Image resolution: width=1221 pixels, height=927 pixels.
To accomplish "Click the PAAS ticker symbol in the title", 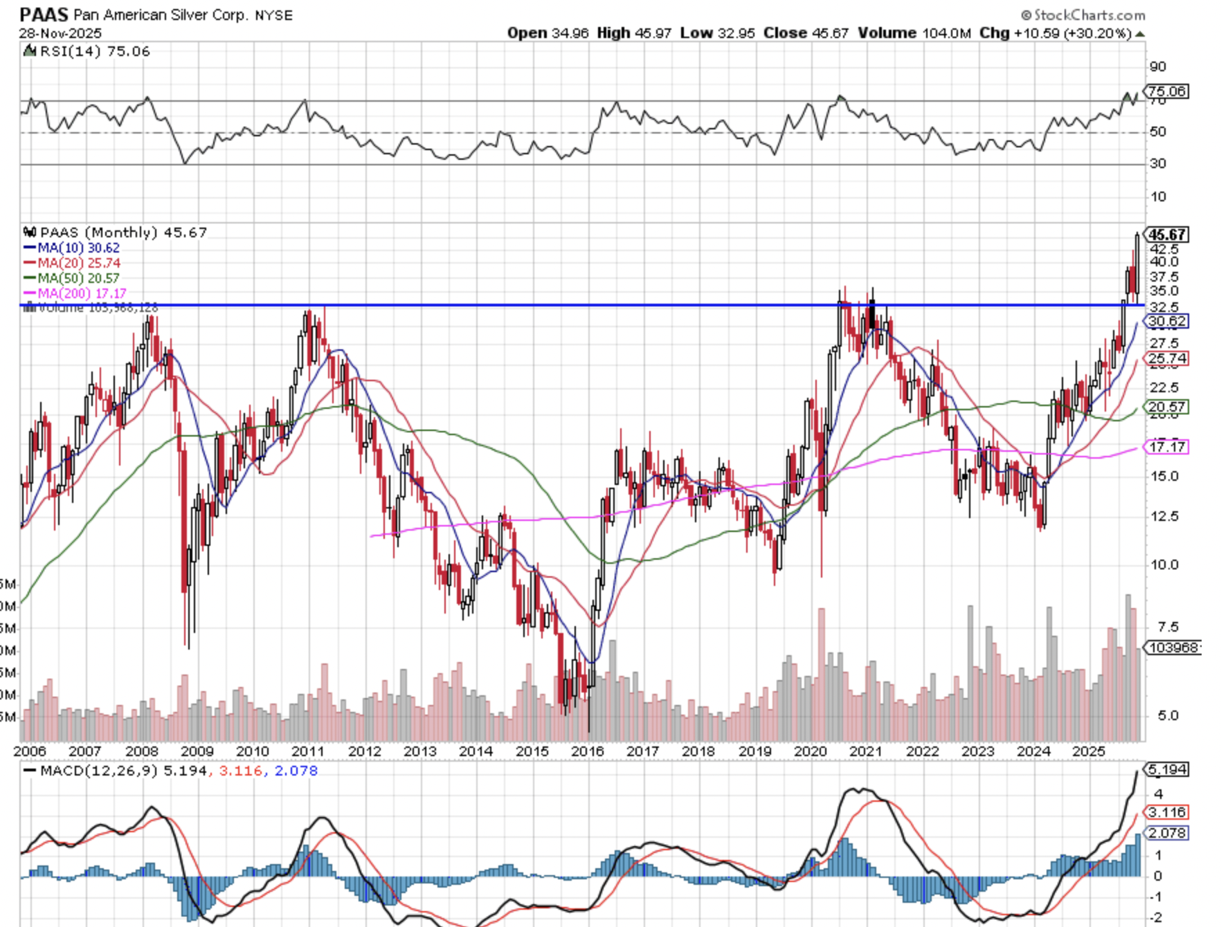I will tap(44, 14).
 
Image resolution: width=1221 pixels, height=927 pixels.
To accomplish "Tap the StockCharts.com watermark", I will tap(1083, 15).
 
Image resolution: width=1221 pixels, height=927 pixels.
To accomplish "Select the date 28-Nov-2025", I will tap(60, 33).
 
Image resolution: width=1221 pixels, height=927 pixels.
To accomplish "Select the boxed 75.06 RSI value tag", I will tap(1166, 91).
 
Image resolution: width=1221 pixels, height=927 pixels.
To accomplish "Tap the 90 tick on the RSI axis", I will tap(1157, 66).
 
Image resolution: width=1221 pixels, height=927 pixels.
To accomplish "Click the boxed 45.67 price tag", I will tap(1167, 235).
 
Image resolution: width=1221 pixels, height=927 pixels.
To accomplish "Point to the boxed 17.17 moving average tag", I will tap(1167, 447).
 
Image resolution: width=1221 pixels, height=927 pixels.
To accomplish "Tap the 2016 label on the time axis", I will tap(587, 751).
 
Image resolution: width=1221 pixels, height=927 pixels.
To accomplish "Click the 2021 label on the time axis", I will tap(865, 751).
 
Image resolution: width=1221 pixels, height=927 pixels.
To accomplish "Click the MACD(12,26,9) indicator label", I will tap(99, 770).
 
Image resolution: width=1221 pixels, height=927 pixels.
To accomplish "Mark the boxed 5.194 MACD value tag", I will tap(1167, 769).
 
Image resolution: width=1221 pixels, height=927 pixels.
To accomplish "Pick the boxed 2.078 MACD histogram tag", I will tap(1167, 833).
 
